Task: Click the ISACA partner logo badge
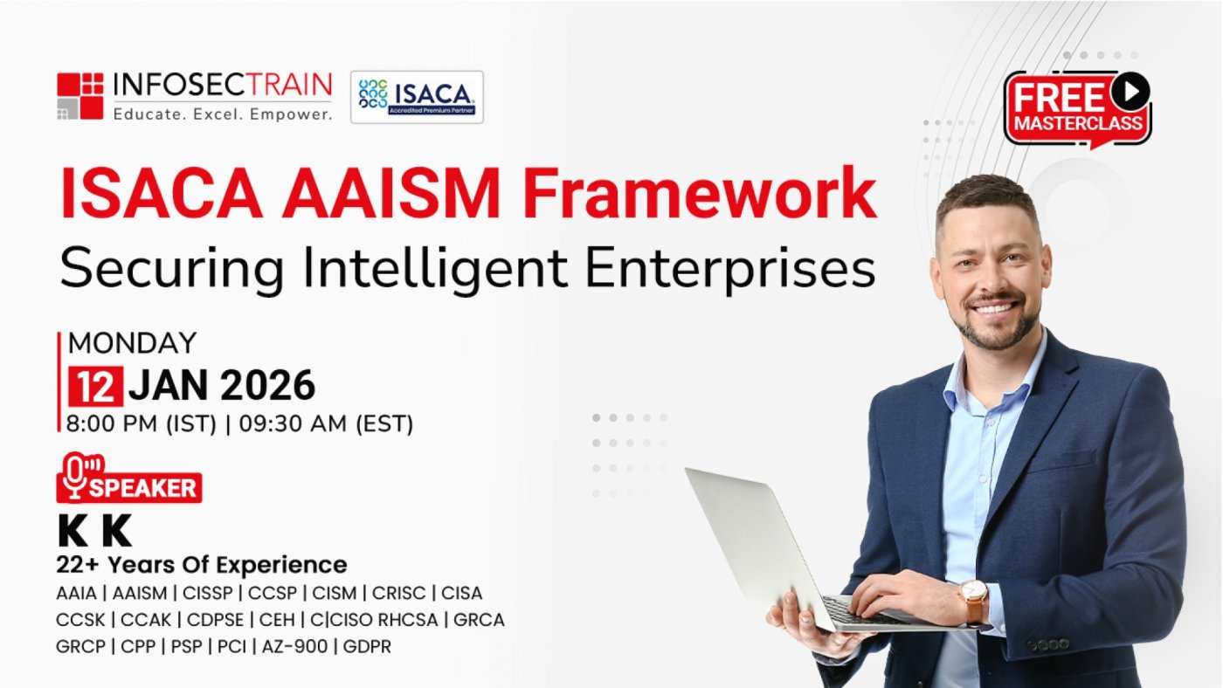click(417, 97)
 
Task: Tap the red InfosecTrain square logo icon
click(80, 96)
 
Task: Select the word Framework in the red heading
click(700, 194)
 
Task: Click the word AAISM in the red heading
click(390, 194)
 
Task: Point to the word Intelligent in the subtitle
click(435, 269)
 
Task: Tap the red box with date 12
click(95, 386)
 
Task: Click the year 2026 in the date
click(267, 386)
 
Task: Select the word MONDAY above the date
click(132, 343)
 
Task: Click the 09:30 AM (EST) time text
click(326, 424)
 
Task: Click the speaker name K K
click(94, 531)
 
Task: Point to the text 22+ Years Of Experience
click(202, 565)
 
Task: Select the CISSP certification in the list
click(208, 593)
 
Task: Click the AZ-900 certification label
click(295, 647)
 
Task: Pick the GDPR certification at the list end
click(367, 647)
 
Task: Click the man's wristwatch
click(974, 600)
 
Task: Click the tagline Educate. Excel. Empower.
click(223, 114)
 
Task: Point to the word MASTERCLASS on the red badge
click(1078, 123)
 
